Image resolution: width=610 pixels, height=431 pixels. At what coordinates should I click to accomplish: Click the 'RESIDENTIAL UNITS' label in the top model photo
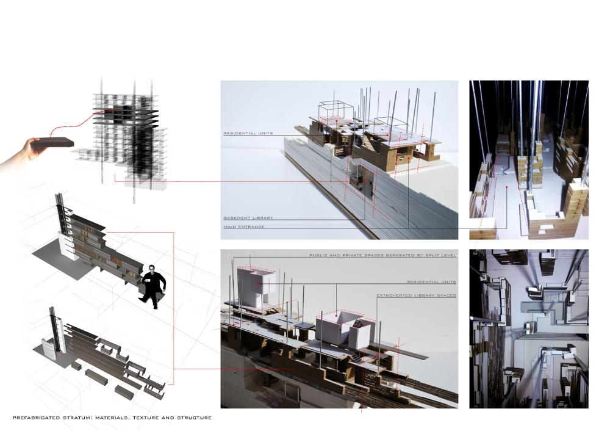click(x=248, y=134)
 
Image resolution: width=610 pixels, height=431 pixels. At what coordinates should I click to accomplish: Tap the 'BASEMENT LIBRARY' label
click(x=248, y=218)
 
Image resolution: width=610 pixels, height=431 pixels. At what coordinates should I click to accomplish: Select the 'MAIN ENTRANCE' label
click(x=243, y=226)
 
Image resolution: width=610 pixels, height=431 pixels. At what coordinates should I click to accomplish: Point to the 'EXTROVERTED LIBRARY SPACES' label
click(x=416, y=296)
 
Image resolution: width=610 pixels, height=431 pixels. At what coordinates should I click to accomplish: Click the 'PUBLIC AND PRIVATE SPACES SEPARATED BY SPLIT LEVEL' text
click(x=383, y=255)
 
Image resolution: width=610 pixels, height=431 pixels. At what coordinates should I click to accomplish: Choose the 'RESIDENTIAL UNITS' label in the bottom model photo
click(x=431, y=282)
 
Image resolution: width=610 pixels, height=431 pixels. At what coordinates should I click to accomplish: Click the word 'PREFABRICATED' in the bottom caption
click(x=36, y=418)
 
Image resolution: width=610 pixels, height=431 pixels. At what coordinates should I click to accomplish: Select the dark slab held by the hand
click(x=53, y=142)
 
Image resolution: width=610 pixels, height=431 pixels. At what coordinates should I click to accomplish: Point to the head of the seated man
click(x=151, y=269)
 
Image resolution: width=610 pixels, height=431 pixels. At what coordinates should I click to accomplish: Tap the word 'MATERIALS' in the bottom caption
click(x=112, y=418)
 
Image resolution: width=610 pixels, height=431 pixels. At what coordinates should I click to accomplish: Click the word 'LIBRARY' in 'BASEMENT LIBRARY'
click(x=262, y=218)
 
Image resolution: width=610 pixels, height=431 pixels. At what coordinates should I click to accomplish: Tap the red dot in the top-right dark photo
click(x=506, y=187)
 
